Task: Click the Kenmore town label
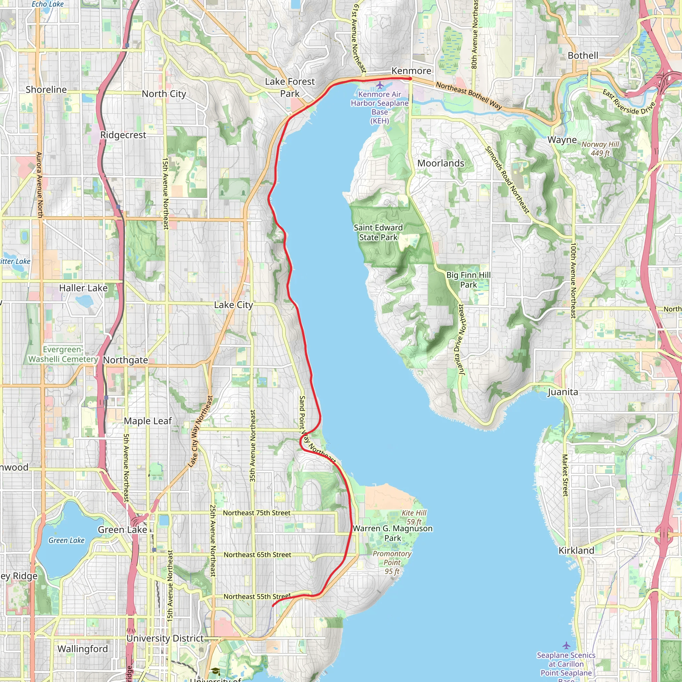(x=411, y=71)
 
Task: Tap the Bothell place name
(x=583, y=55)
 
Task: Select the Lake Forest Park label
(x=290, y=88)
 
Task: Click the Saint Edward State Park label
(x=378, y=232)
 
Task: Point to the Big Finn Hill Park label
(x=469, y=280)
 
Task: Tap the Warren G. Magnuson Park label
(x=393, y=533)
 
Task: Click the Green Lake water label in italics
(x=66, y=540)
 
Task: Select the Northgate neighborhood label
(x=125, y=360)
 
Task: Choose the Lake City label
(x=233, y=305)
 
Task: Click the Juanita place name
(x=563, y=392)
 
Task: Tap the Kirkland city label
(x=576, y=550)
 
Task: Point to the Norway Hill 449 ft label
(x=600, y=149)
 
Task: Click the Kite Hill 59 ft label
(x=414, y=517)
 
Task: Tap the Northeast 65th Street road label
(x=257, y=554)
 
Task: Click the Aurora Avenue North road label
(x=39, y=184)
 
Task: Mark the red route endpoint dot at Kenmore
(x=410, y=79)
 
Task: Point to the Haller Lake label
(x=83, y=288)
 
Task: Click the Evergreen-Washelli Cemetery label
(x=63, y=354)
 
